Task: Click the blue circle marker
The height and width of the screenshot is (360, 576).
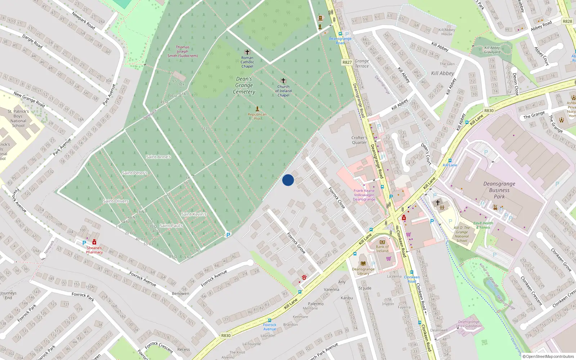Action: point(288,180)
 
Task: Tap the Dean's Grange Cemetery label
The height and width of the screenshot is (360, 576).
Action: point(244,85)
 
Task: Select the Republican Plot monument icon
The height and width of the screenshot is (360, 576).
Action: point(257,108)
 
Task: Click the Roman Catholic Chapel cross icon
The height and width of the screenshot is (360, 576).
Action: point(247,52)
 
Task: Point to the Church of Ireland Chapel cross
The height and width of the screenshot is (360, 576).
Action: point(283,81)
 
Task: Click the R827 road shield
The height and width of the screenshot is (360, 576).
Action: point(347,62)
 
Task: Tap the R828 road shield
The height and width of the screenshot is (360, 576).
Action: point(567,21)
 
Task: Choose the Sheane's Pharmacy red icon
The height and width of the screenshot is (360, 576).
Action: point(94,242)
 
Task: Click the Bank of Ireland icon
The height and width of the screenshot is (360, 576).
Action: point(382,242)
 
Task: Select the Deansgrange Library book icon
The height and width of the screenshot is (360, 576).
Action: point(363,264)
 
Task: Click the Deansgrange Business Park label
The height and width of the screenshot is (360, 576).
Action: point(499,190)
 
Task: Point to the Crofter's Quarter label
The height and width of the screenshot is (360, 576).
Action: point(359,140)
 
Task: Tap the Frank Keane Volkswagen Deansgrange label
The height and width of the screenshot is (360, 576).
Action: point(364,195)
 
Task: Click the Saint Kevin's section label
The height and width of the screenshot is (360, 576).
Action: point(194,214)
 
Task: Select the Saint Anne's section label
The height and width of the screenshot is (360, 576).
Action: point(158,157)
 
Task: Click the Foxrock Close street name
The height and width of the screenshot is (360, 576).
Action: point(337,197)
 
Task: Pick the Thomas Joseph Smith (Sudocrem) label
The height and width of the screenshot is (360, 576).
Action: point(183,51)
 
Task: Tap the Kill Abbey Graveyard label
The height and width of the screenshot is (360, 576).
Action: point(492,50)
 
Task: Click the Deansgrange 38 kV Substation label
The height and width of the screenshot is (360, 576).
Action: point(469,324)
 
